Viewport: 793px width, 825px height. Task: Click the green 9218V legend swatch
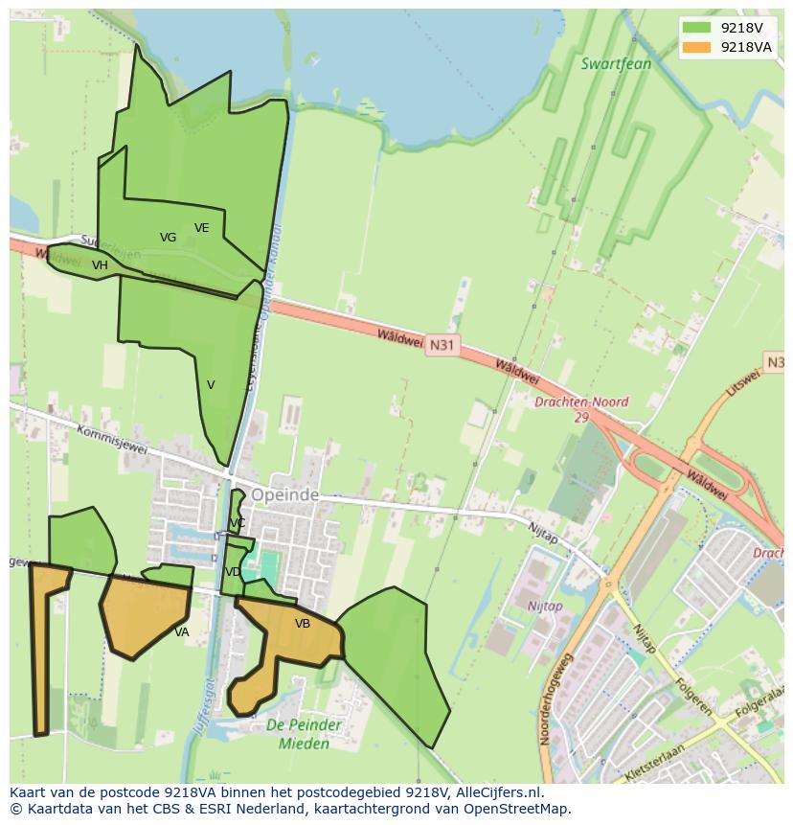coord(696,28)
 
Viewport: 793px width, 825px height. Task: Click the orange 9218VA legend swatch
coord(696,47)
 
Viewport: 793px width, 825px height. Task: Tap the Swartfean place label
coord(616,64)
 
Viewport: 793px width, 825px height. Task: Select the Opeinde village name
coord(284,495)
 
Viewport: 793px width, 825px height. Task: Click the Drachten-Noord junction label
coord(581,410)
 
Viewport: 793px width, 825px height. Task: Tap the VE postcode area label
coord(201,228)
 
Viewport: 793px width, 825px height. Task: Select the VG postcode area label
coord(168,238)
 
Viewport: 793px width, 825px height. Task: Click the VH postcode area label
coord(100,265)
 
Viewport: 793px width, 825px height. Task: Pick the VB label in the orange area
coord(303,624)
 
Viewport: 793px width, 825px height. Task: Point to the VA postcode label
coord(182,632)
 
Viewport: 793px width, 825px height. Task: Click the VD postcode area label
coord(233,572)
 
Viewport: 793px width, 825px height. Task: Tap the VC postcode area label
coord(238,523)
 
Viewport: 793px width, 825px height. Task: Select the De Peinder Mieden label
coord(303,735)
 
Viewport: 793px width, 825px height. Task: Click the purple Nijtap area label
coord(545,607)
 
